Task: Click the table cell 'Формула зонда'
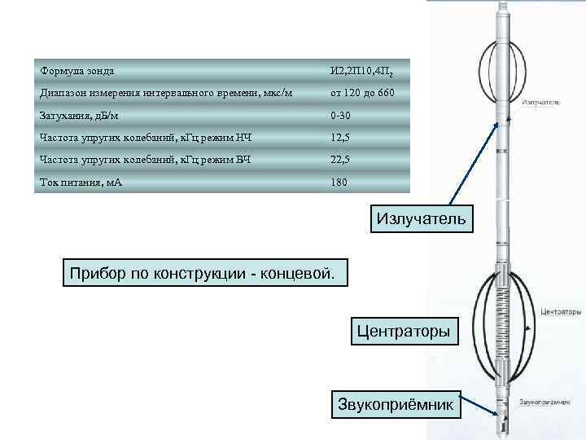point(78,71)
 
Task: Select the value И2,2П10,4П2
point(365,72)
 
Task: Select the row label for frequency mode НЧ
point(146,137)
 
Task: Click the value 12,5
point(339,137)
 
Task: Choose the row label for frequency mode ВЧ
point(146,159)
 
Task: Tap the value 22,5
point(339,159)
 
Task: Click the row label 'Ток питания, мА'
point(81,182)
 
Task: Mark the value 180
point(339,182)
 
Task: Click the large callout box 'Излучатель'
point(421,218)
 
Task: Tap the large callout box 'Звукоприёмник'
point(398,404)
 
